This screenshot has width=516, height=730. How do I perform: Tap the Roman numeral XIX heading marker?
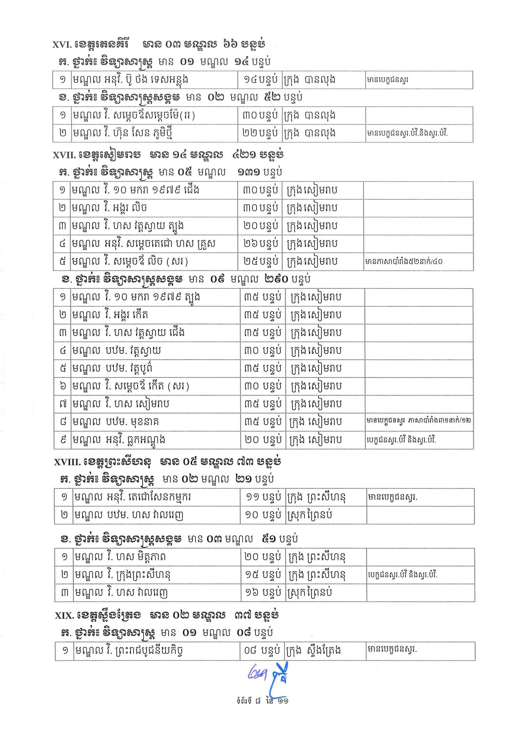coord(64,616)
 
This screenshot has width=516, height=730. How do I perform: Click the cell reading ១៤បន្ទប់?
coord(260,80)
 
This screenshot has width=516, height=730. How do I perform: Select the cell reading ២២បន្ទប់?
coord(260,134)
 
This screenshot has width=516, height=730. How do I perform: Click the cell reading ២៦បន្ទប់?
coord(260,244)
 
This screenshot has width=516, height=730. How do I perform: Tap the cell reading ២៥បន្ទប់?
coord(260,262)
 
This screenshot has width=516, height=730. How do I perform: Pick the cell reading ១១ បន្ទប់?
coord(263,497)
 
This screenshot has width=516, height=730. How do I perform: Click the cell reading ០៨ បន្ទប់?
coord(262,651)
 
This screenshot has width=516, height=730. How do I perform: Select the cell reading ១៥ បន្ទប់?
coord(263,575)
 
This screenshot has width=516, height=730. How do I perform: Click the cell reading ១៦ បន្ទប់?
coord(263,593)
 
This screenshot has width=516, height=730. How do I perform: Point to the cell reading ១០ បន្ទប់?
coord(263,515)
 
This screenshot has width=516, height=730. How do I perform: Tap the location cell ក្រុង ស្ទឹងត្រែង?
coord(313,651)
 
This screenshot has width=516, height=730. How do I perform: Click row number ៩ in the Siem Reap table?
coord(64,440)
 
